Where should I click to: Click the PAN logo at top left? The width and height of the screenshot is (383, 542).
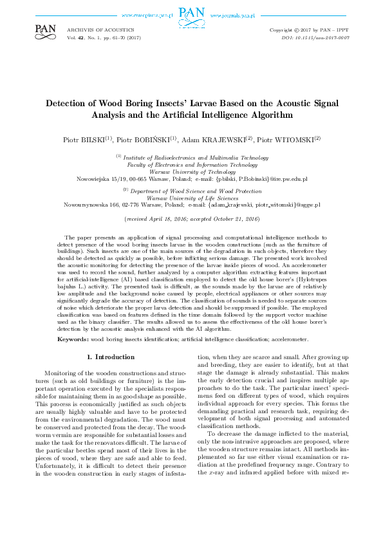45,30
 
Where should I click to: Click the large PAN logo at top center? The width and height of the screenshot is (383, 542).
191,14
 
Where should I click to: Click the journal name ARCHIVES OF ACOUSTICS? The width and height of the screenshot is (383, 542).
100,30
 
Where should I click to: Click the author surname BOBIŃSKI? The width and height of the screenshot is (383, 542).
150,139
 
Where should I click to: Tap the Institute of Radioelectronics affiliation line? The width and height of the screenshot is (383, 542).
192,157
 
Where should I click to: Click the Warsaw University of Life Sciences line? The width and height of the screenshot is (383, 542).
192,198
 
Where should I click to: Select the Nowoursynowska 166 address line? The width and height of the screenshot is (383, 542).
192,205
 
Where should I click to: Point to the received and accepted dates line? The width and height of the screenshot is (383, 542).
192,219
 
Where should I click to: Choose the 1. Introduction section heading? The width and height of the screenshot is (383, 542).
110,357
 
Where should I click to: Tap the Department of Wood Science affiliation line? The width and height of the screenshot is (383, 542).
192,191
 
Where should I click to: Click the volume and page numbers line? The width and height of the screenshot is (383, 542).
103,38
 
